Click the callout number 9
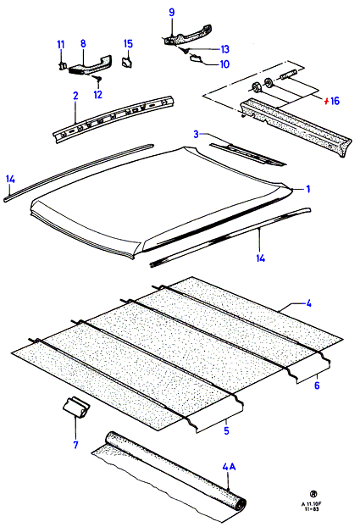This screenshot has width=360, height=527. [172, 13]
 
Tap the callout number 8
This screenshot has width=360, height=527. [83, 43]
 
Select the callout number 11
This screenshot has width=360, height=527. [61, 44]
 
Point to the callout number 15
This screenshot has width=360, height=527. [128, 44]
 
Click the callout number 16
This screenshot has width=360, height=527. [335, 101]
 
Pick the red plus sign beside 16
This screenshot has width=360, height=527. [326, 101]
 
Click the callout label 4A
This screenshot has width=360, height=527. [229, 467]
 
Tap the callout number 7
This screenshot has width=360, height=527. [75, 445]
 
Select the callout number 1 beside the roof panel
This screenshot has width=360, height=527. [307, 189]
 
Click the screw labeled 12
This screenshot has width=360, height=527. [98, 80]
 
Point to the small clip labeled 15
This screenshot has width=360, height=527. [127, 63]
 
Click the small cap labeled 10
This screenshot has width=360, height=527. [196, 58]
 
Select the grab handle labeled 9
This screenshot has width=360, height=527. [187, 36]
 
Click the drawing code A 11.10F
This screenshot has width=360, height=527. [311, 504]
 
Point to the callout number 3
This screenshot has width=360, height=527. [197, 135]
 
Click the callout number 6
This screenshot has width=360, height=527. [317, 386]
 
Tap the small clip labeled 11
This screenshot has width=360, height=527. [61, 66]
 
